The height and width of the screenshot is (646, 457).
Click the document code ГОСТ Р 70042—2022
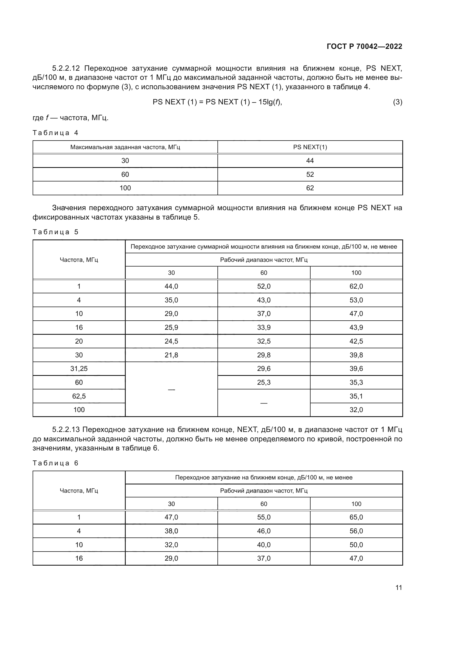(364, 46)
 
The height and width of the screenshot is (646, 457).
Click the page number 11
(398, 587)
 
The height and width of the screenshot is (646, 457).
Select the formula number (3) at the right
(397, 102)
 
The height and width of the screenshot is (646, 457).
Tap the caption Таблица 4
(55, 133)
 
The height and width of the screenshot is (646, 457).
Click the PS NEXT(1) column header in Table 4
(310, 147)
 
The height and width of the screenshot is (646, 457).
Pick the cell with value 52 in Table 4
(310, 175)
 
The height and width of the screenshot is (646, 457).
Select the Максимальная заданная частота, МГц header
(125, 147)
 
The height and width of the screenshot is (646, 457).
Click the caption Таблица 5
(55, 232)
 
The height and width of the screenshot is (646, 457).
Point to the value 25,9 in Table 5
(171, 328)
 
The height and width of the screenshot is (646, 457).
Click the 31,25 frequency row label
(79, 369)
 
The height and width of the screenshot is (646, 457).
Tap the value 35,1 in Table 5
(356, 396)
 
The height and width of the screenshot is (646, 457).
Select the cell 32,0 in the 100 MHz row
(356, 410)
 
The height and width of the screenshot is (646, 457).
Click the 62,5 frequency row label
(79, 396)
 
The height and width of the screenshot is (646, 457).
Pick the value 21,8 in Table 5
(171, 355)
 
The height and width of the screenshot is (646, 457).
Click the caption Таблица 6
(55, 463)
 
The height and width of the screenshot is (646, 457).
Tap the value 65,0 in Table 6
(356, 517)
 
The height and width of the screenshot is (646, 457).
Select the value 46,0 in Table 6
(263, 531)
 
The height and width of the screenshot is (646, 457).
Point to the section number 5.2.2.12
(66, 68)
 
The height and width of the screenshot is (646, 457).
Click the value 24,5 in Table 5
(171, 341)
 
